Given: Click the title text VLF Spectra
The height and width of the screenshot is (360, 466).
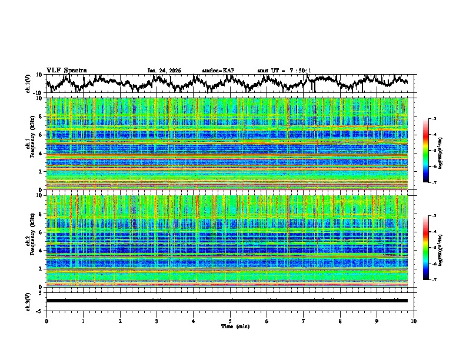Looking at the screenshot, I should (66, 70).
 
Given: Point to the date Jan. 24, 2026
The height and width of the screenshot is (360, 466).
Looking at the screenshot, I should (164, 71).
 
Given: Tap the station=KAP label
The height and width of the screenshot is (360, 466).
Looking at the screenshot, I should (218, 71).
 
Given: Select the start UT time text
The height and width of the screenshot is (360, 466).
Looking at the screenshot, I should (284, 71).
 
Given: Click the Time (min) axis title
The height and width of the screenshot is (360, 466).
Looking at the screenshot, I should (230, 326).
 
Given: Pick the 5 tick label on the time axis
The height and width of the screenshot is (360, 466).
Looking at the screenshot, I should (230, 321).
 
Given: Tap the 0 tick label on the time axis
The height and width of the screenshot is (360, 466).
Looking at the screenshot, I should (46, 321).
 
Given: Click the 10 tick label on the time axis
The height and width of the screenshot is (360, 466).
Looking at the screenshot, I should (414, 321).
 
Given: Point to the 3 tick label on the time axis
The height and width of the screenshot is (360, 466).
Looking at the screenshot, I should (157, 321).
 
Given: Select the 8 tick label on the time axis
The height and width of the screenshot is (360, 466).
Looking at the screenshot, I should (340, 321).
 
